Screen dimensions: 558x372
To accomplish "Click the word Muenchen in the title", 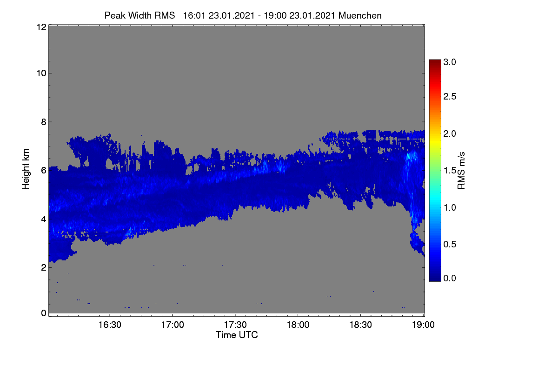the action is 360,15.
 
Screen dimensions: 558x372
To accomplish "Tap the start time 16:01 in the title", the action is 194,15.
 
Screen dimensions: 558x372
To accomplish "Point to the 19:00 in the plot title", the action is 275,15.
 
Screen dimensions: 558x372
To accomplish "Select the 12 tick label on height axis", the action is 41,27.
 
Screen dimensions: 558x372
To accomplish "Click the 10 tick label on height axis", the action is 41,73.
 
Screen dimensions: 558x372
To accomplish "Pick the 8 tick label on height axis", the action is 44,122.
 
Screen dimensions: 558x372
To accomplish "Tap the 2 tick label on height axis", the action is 44,267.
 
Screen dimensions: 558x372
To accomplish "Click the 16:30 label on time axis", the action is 110,325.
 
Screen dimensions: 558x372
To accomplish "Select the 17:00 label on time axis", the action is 173,325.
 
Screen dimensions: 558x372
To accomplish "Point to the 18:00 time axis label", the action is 298,325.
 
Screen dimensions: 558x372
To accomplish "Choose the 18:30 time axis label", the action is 360,325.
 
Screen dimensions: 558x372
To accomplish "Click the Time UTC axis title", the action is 237,335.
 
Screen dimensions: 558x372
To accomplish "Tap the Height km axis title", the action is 26,169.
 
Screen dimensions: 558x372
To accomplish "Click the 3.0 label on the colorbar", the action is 450,62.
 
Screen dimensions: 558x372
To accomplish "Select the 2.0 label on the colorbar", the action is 450,134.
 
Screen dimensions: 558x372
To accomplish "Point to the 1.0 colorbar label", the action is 450,207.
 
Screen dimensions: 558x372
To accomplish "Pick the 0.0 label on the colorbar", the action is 450,279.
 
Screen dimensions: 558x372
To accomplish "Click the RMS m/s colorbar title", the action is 461,171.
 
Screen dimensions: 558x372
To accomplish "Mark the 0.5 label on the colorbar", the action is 450,245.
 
